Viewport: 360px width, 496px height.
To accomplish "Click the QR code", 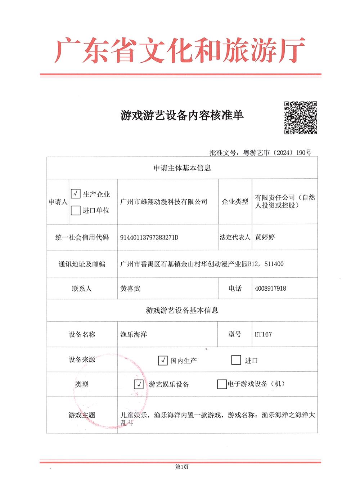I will tap(301, 118).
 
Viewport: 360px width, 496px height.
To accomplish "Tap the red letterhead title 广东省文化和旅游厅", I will tap(180, 51).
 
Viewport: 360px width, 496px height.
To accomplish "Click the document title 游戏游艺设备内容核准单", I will tap(182, 115).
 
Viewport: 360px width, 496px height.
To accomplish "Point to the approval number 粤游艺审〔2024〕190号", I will tap(277, 153).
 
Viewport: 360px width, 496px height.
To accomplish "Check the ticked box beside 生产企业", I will tap(76, 193).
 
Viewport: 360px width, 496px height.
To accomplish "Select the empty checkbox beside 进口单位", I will tap(76, 210).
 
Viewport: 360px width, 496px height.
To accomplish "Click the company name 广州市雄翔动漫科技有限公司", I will tap(164, 202).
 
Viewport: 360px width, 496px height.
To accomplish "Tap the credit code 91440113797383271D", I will tap(149, 237).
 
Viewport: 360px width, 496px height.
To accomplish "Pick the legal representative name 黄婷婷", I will tap(265, 237).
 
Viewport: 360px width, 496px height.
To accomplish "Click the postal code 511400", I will tap(274, 264).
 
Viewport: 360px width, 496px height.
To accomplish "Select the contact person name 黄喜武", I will tap(130, 289).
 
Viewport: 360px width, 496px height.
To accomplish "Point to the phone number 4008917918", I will tap(270, 289).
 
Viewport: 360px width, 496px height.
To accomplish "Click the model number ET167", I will tap(263, 334).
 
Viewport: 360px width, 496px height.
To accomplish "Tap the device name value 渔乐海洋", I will tap(134, 335).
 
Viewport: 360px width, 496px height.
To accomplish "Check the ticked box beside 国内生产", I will tap(163, 360).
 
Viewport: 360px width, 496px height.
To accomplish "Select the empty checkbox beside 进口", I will tap(236, 360).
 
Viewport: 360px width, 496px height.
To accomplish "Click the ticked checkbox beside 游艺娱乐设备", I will tap(139, 384).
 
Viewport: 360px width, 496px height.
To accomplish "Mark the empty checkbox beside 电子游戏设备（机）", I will tap(222, 384).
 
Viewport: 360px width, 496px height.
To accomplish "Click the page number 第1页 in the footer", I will tap(182, 467).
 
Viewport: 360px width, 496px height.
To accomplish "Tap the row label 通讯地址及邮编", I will tap(82, 264).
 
